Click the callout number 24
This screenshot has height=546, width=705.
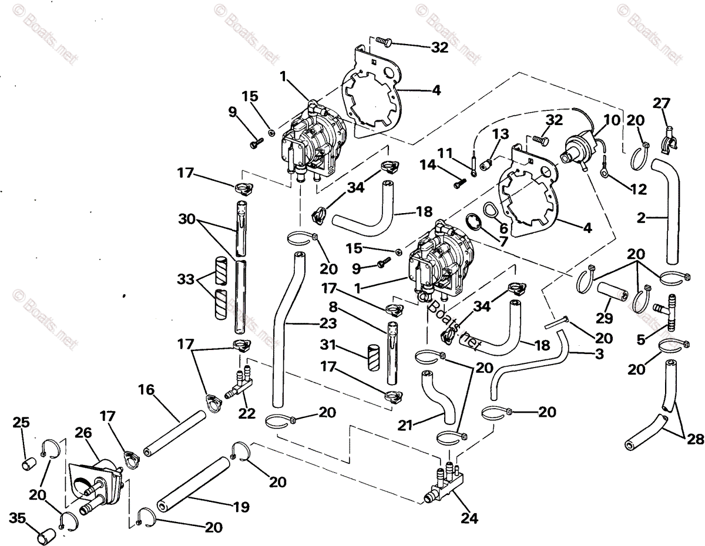coord(469,518)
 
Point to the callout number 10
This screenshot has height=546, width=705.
coord(611,121)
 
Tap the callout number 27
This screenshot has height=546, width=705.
coord(661,104)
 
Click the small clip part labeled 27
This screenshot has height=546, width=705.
coord(670,137)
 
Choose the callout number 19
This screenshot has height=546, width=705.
coord(240,507)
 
